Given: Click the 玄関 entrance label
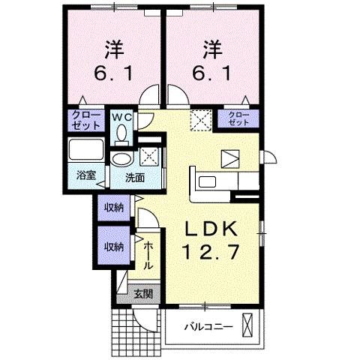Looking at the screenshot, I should (x=142, y=294).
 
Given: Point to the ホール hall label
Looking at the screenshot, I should (x=148, y=255).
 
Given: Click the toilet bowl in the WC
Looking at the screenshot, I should (x=121, y=133).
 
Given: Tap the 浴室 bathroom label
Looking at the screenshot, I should (x=86, y=175).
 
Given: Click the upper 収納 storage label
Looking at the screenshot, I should (x=113, y=205).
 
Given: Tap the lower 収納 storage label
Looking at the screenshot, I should (x=113, y=246).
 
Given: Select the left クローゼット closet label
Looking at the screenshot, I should (x=80, y=118).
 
